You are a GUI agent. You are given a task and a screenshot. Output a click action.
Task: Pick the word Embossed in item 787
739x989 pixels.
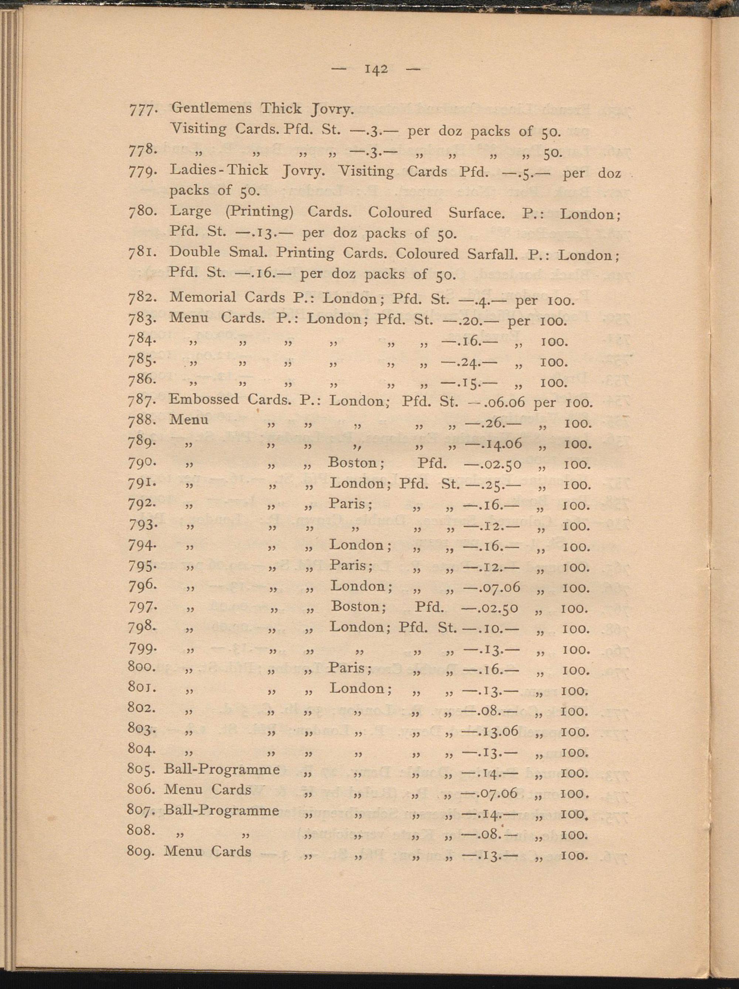pos(204,399)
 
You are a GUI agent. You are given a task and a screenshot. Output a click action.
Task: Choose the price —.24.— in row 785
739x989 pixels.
pos(463,362)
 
